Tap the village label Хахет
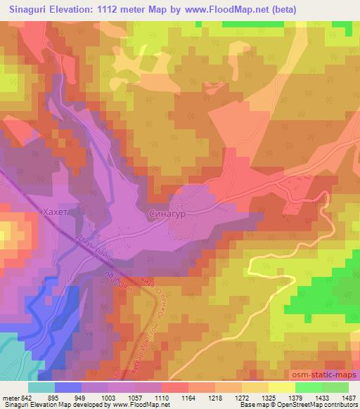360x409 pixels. pyautogui.click(x=56, y=209)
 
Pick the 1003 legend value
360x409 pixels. pyautogui.click(x=108, y=397)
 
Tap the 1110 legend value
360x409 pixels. pyautogui.click(x=161, y=397)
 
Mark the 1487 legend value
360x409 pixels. pyautogui.click(x=348, y=397)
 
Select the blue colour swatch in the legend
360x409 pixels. pyautogui.click(x=67, y=387)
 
